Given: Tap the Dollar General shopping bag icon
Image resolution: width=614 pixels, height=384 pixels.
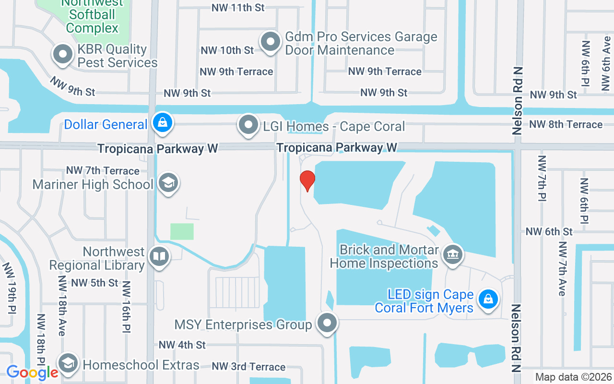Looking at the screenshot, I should [163, 123].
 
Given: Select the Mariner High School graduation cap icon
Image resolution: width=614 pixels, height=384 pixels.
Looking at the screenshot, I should [168, 183].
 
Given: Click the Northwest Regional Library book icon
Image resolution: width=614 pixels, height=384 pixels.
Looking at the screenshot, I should [159, 256].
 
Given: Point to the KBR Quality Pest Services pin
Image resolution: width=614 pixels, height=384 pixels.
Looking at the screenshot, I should [63, 54].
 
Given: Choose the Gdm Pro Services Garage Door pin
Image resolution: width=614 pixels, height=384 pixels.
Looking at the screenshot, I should [271, 42].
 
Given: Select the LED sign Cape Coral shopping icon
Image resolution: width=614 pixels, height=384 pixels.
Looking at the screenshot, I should [488, 299].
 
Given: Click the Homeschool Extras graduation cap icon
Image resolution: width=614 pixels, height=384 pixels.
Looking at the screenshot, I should [68, 363].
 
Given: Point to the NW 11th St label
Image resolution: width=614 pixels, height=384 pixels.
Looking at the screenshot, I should [238, 8].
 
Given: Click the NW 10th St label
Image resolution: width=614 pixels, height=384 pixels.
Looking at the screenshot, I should [227, 50].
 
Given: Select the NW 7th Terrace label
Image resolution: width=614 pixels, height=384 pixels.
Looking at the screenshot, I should [103, 170].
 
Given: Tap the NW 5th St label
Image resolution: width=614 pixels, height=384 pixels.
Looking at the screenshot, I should [94, 283].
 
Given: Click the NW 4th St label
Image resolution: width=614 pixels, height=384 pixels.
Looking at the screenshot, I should [182, 345].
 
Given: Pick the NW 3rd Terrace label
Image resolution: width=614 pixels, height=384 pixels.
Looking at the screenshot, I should [248, 367].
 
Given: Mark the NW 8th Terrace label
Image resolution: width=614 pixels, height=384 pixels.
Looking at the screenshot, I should [566, 124].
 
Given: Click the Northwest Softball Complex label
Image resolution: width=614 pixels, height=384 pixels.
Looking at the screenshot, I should [92, 16].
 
